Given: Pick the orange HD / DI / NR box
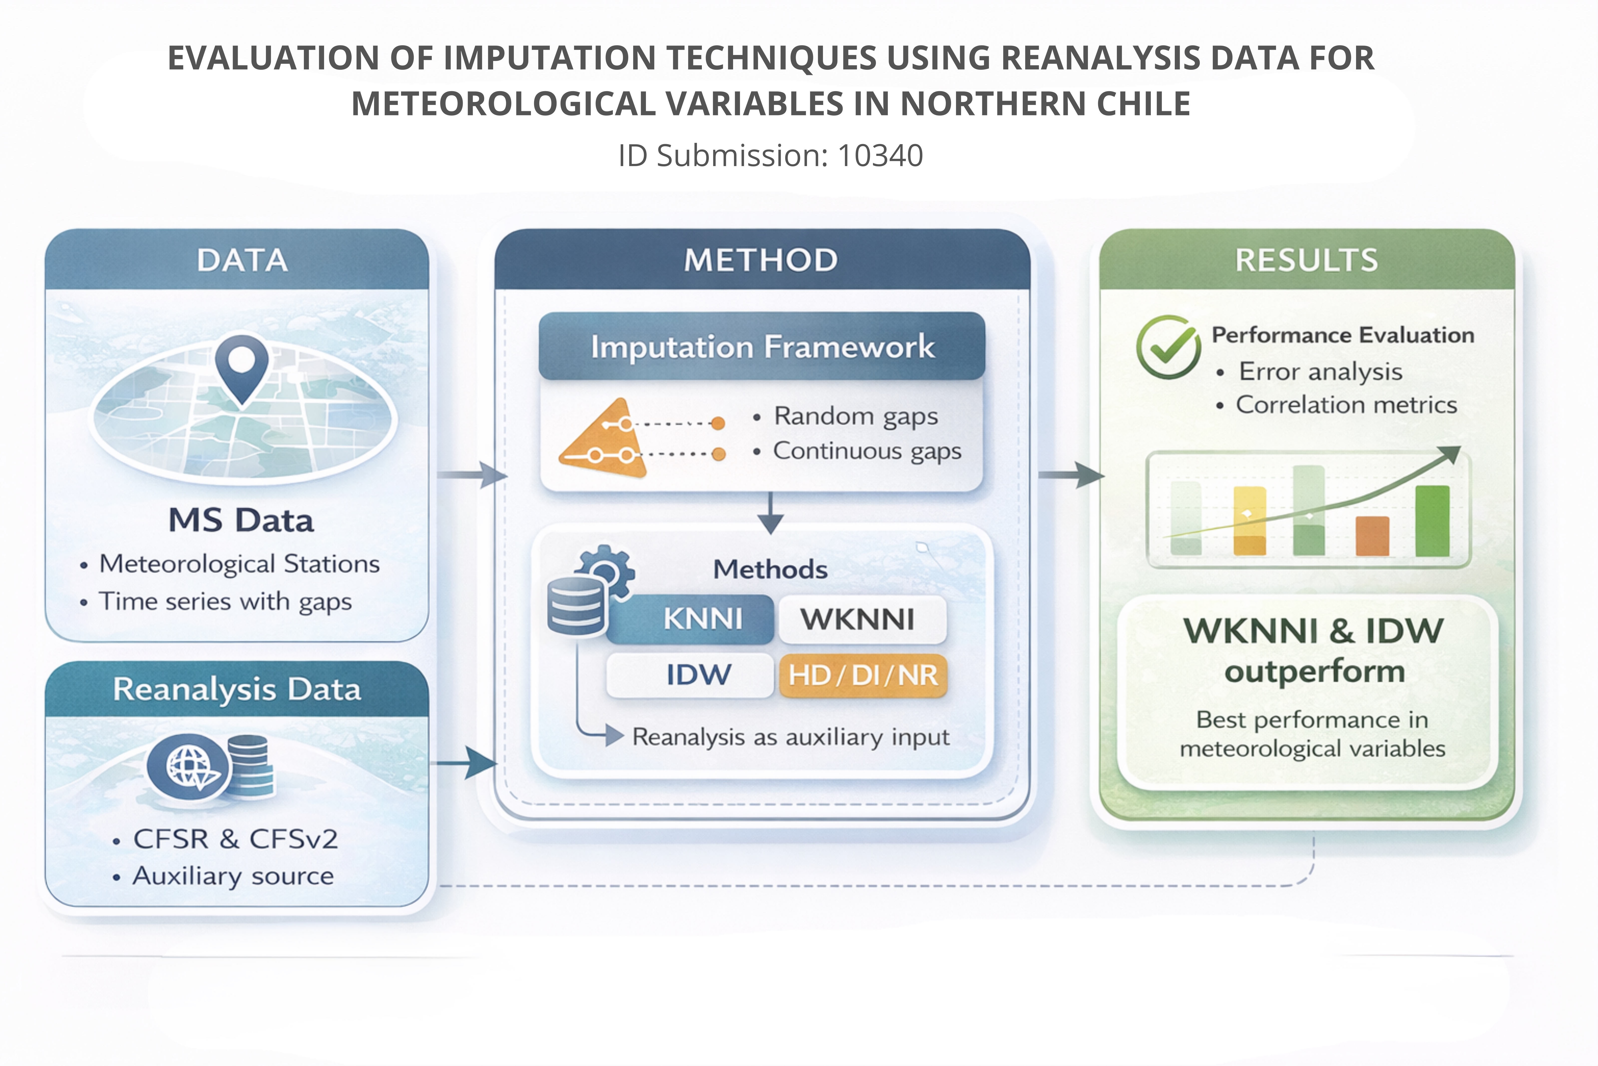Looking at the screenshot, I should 863,675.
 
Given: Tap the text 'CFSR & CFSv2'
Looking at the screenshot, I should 235,839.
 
